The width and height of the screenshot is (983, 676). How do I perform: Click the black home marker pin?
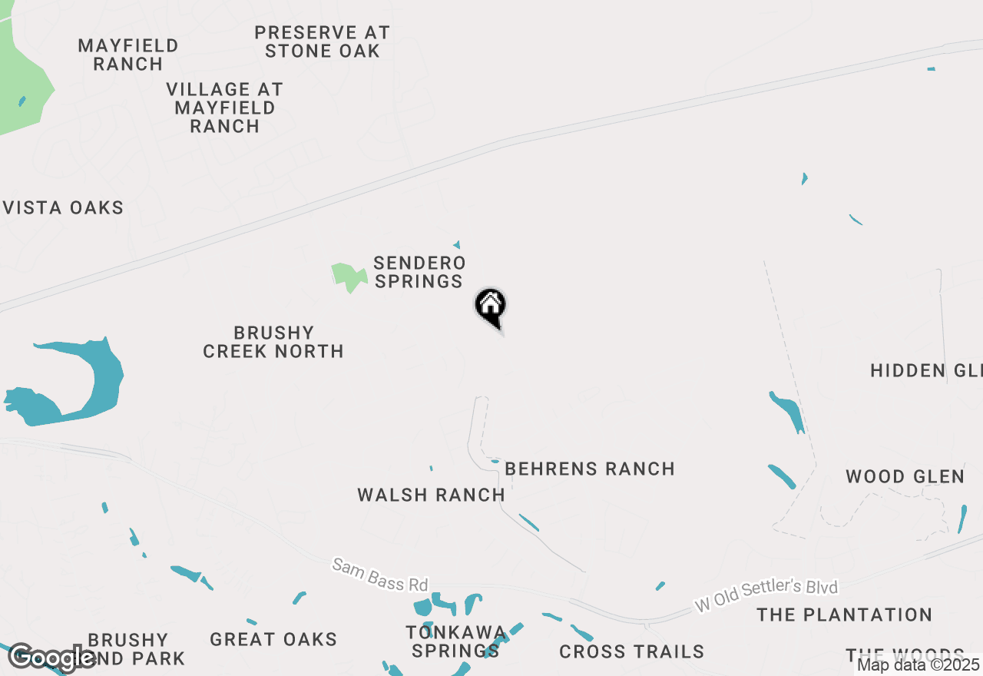coord(491,307)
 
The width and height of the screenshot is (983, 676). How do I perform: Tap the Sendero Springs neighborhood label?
coord(419,273)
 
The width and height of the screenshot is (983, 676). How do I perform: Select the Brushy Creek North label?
coord(273,342)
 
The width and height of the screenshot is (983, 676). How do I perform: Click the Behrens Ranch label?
coord(590,469)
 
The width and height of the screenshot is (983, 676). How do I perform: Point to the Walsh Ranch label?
coord(431,495)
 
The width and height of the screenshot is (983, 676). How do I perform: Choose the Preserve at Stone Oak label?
coord(323,42)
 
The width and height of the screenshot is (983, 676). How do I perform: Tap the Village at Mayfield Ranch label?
coord(225,108)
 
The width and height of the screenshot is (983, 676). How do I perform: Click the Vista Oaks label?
coord(64,207)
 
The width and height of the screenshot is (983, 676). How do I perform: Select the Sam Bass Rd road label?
coord(379,575)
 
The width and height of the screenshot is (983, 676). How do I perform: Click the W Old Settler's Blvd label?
coord(766,595)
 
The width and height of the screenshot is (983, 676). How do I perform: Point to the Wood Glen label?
coord(905,476)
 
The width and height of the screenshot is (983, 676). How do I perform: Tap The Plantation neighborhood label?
coord(844,615)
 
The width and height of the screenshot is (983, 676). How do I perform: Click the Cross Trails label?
coord(631,651)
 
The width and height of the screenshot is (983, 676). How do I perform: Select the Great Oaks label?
coord(273,639)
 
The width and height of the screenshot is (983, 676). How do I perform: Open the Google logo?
coord(52,658)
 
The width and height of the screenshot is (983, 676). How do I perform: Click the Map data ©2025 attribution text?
coord(918,664)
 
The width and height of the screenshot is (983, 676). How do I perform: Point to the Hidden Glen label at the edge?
coord(926,370)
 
